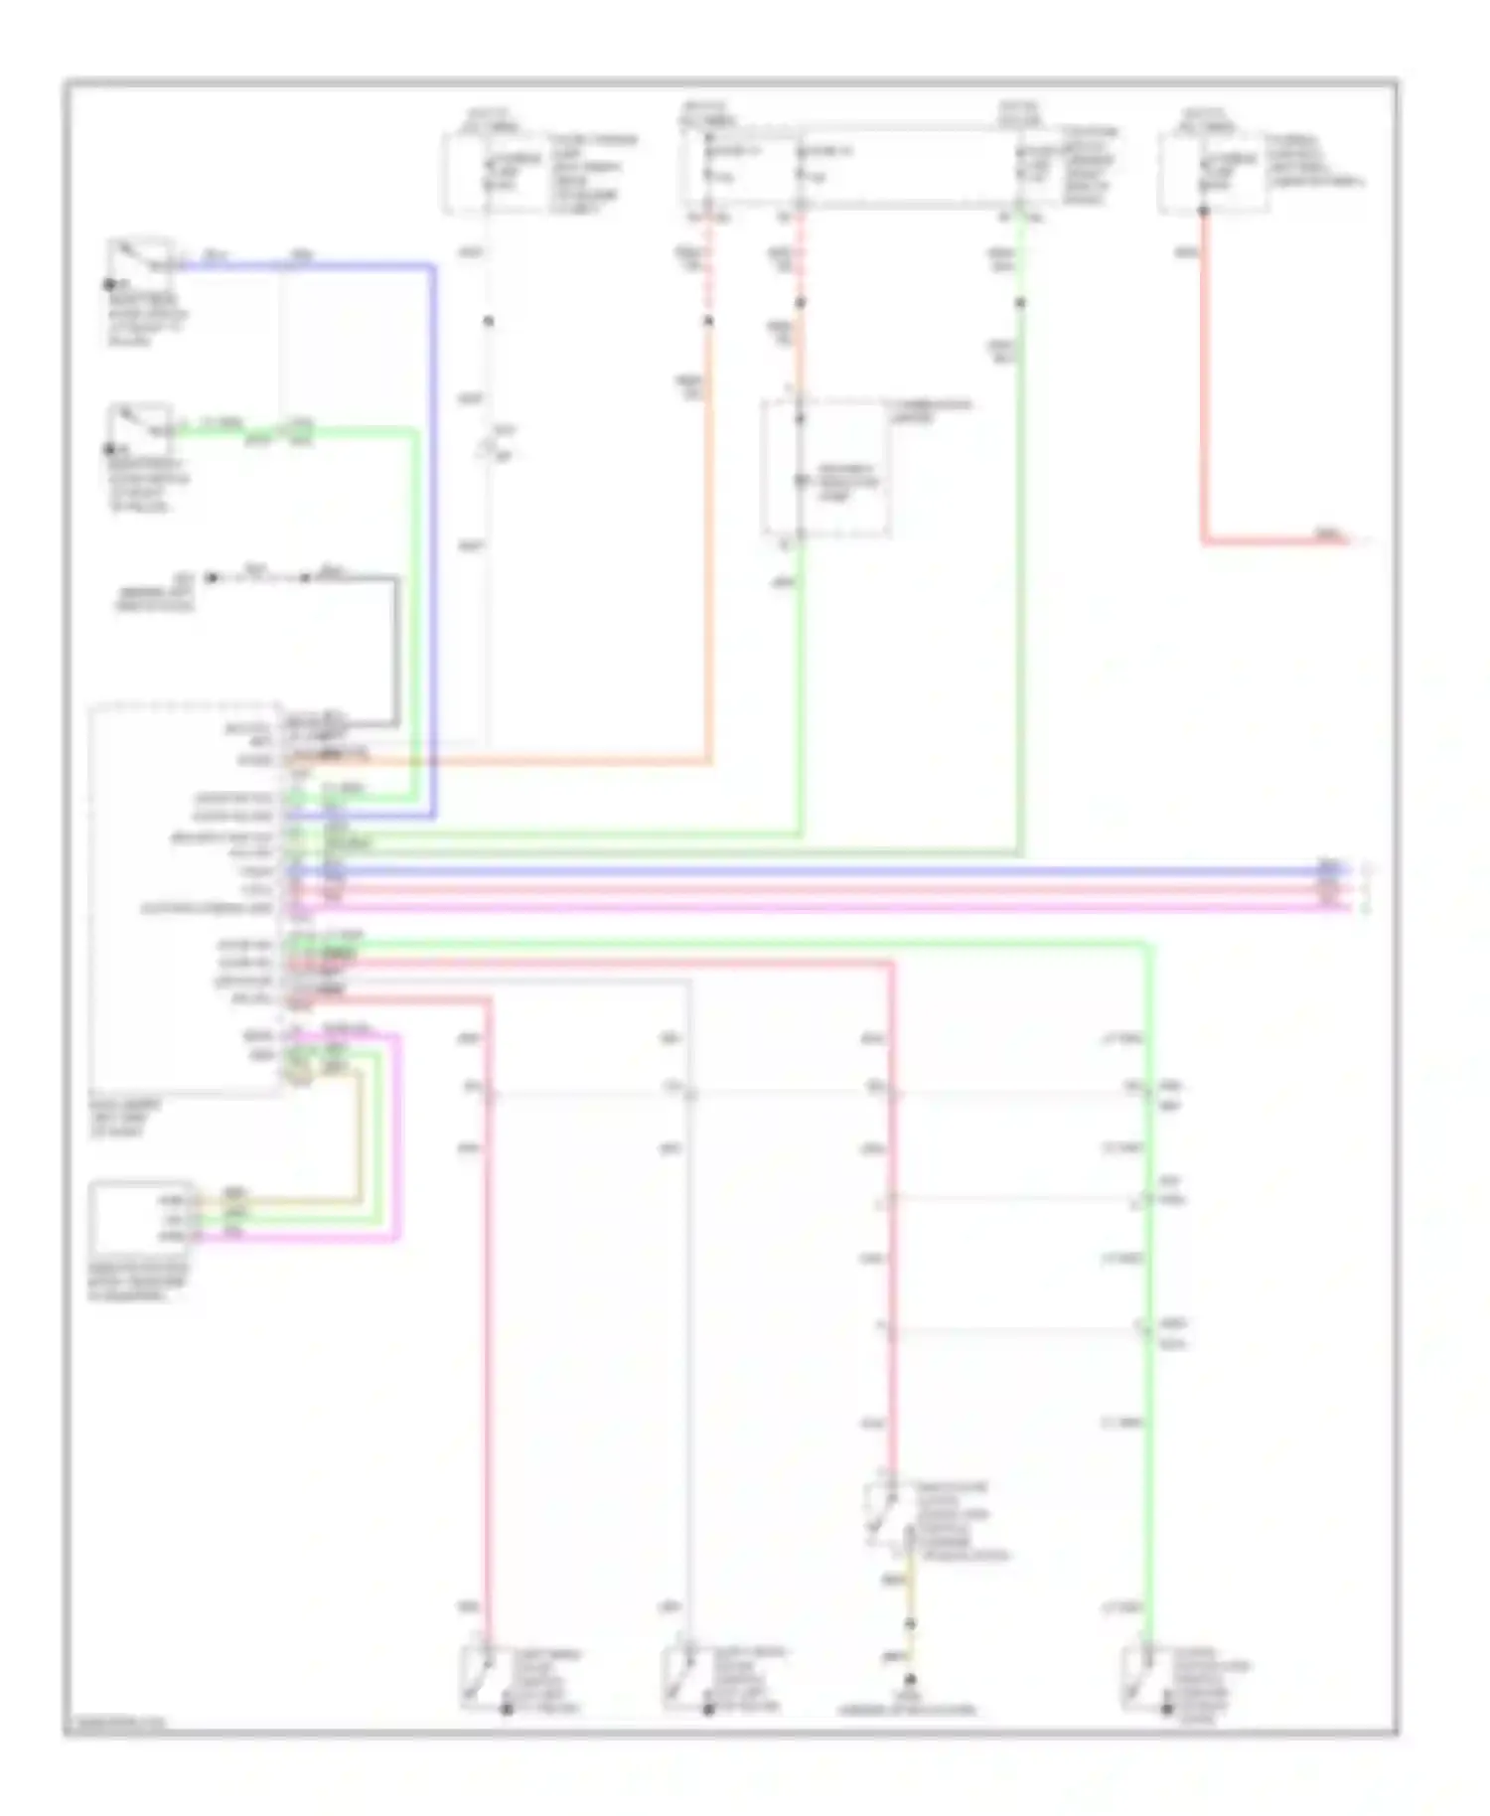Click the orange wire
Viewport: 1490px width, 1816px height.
(709, 556)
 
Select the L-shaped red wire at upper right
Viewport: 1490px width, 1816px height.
(1204, 397)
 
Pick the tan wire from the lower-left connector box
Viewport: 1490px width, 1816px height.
(360, 1142)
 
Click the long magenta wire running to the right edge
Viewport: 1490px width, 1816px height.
(795, 907)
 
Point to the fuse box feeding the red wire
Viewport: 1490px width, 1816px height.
(1212, 175)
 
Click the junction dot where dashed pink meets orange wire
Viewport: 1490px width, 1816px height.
(709, 321)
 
